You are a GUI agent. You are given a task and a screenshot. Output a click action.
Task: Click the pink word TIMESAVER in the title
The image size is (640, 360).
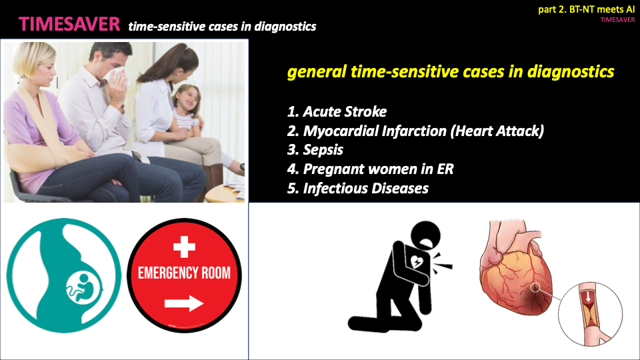[x=69, y=24]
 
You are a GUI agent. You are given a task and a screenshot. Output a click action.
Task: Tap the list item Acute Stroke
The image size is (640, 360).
[x=337, y=111]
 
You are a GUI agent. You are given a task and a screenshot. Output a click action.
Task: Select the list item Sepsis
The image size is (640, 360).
[x=315, y=150]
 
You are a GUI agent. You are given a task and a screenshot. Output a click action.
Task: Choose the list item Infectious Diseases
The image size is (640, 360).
[x=357, y=188]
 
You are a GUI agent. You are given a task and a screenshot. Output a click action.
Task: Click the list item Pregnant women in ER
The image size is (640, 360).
[x=370, y=169]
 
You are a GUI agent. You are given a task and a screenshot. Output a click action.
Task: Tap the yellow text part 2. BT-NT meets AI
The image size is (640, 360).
[x=586, y=9]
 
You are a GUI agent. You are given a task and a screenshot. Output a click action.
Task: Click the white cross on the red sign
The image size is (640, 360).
[x=184, y=247]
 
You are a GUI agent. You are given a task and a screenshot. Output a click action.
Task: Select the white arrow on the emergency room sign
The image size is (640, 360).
[x=184, y=303]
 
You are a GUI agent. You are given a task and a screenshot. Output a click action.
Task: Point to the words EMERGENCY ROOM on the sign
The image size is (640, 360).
[x=184, y=273]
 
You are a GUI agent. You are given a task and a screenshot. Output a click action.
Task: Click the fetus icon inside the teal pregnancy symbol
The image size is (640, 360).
[x=84, y=287]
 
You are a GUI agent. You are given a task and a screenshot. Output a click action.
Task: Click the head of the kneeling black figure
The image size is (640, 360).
[x=425, y=235]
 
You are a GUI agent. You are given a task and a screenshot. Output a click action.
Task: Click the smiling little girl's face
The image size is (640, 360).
[x=189, y=99]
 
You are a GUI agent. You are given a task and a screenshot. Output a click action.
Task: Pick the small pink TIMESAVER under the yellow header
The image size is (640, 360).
[x=617, y=19]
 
